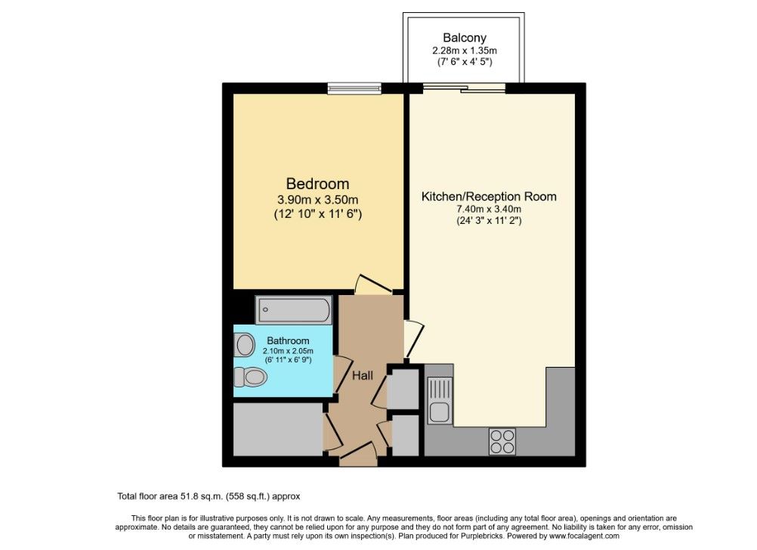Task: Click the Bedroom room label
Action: point(317,184)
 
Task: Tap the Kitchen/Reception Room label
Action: point(489,197)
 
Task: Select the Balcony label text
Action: point(465,38)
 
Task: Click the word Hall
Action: point(363,375)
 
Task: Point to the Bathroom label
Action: point(288,340)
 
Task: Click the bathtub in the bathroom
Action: point(294,309)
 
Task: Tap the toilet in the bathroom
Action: point(250,377)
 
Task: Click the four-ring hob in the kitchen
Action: point(502,441)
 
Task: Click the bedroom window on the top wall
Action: point(354,89)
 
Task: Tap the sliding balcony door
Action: point(465,88)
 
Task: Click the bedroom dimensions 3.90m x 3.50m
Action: point(317,200)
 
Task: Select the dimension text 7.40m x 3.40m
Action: point(489,210)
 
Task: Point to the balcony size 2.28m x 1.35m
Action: point(465,50)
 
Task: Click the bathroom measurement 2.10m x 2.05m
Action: point(288,351)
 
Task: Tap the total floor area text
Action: point(209,496)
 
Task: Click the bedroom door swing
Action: point(372,285)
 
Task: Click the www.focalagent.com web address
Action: point(584,536)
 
